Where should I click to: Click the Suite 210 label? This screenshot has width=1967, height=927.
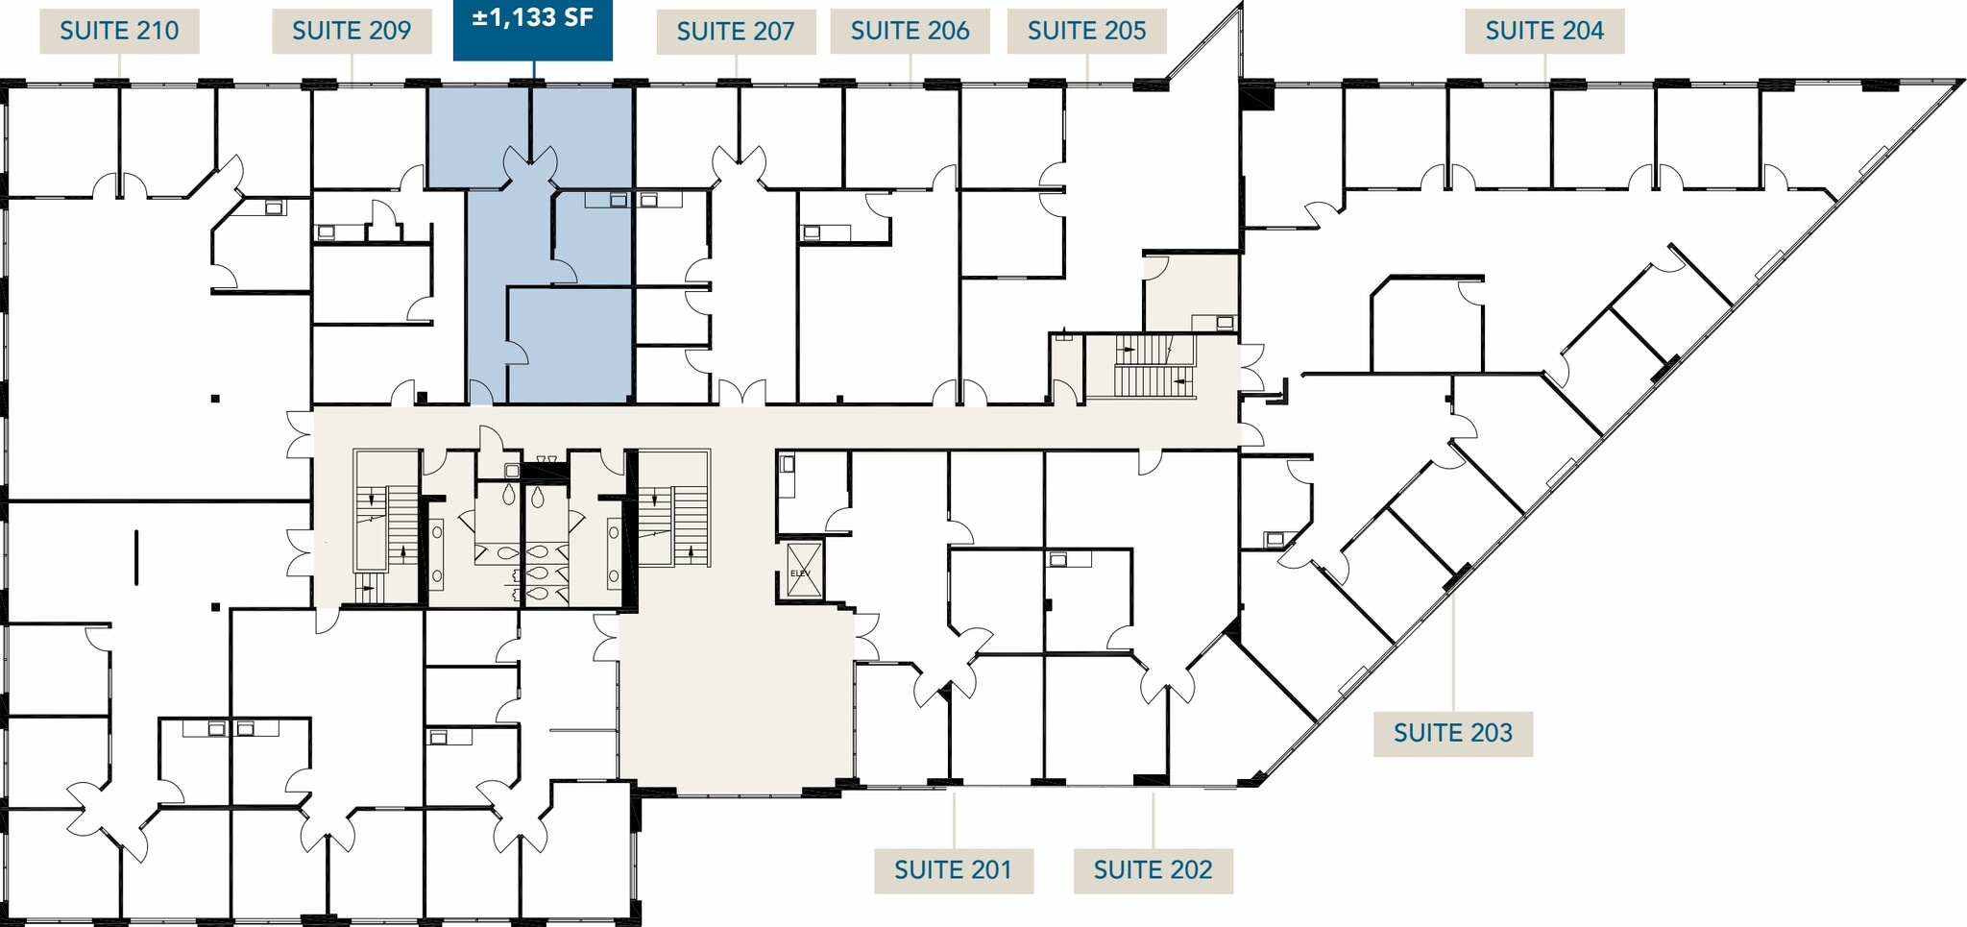click(x=119, y=31)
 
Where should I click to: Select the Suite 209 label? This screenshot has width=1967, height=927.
click(x=352, y=31)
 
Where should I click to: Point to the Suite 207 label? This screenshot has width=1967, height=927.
click(x=736, y=32)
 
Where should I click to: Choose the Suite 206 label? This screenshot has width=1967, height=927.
click(x=910, y=31)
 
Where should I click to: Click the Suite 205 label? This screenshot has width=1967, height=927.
click(x=1086, y=31)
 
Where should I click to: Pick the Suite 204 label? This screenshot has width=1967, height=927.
click(x=1544, y=31)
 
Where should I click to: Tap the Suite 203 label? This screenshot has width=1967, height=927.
click(x=1452, y=733)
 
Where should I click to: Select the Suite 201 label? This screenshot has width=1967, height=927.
click(x=953, y=870)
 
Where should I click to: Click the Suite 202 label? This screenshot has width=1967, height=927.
click(x=1153, y=870)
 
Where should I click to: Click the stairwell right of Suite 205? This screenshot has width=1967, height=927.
click(x=1154, y=367)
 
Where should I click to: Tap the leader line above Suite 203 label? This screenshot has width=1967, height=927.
click(x=1452, y=653)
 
